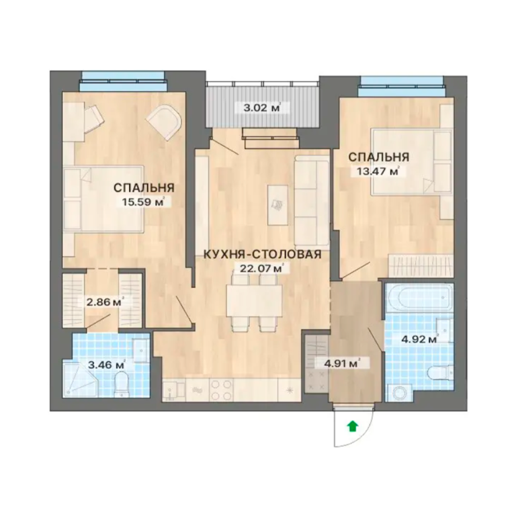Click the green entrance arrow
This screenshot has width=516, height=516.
353,426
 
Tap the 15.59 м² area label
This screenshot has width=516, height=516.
143,202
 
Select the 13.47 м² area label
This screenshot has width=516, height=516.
378,171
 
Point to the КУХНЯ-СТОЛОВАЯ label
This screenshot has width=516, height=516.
262,255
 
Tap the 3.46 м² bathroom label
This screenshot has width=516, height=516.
106,364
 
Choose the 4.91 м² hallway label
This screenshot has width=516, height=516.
341,363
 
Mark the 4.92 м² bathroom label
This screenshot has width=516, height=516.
420,339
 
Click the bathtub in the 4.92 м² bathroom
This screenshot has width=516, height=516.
420,297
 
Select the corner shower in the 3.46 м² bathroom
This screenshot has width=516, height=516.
80,380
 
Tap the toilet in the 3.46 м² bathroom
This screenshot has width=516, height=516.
122,384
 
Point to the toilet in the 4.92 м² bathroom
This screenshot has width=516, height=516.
442,374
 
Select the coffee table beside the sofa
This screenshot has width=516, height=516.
277,204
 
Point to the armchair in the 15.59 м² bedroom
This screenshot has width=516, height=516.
165,122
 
